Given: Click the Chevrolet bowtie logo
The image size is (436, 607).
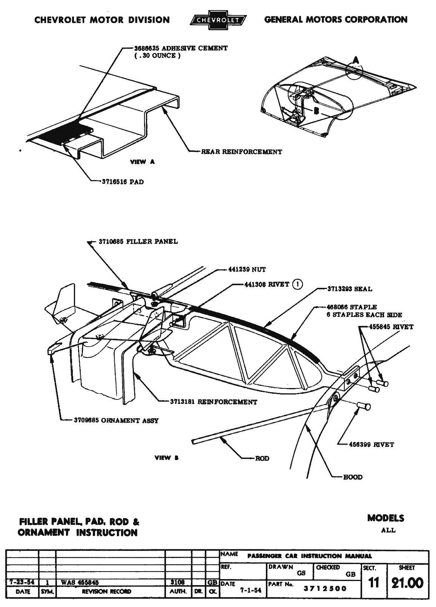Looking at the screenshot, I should tap(218, 20).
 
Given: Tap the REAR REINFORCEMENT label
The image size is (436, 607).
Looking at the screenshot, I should tap(241, 152).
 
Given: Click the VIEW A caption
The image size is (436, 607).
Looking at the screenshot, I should tap(142, 162).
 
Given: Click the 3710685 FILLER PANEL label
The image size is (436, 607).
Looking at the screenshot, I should tap(138, 242).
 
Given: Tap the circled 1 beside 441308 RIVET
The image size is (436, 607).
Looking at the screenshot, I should tap(297, 284).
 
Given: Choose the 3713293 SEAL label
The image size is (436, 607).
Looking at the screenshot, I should tap(350, 289).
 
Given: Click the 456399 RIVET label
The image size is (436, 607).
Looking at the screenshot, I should tap(372, 445).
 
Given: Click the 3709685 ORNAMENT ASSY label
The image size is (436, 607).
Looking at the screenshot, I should tap(115, 420).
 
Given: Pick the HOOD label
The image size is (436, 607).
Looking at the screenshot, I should tap(353, 477).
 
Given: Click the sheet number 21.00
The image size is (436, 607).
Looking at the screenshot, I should tap(407, 583).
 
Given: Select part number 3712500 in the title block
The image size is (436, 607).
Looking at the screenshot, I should tap(325, 589).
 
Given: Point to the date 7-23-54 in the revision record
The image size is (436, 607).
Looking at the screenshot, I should tap(22, 582).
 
